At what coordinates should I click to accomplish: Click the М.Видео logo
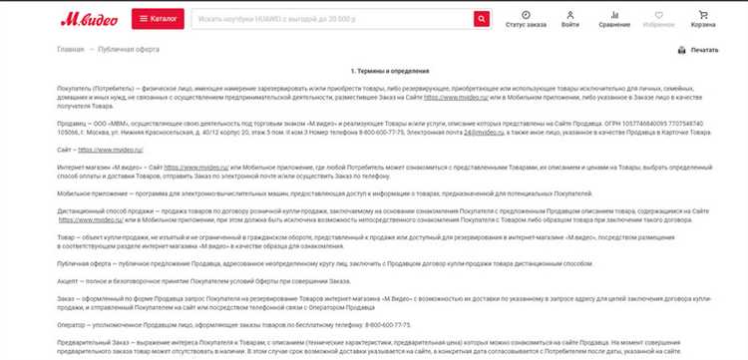click(89, 19)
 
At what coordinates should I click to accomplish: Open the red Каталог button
click(157, 19)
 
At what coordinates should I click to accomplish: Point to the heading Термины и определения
click(387, 71)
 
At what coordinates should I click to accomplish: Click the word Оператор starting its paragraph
click(73, 324)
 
